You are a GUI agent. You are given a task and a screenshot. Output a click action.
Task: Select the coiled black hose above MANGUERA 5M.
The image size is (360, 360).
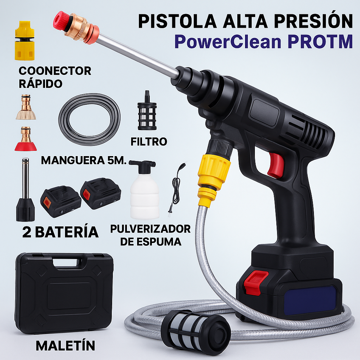89,120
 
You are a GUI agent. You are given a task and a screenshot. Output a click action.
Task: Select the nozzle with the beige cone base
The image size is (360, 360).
26,107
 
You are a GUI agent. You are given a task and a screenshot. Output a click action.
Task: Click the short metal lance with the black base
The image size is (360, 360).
25,192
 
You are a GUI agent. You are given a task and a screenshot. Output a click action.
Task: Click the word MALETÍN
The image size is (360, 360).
65,346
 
